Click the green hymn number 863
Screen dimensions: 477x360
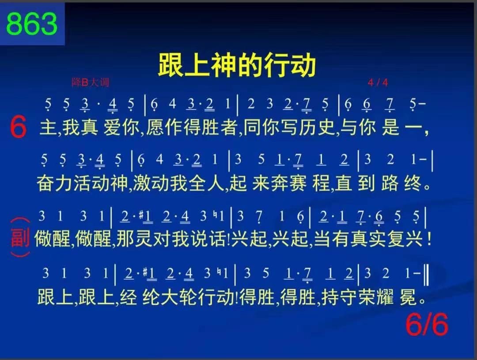tap(32, 24)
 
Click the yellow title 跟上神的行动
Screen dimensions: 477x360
tap(237, 65)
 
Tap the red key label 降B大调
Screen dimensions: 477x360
tap(91, 82)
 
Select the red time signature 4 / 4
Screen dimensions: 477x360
tap(378, 83)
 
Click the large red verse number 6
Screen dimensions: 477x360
tap(18, 128)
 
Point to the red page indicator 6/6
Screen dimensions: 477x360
tap(427, 324)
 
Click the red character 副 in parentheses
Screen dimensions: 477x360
tap(20, 237)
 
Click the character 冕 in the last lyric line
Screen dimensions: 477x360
tap(408, 297)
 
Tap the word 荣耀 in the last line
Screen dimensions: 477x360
tap(376, 297)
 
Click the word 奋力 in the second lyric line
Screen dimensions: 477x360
tap(54, 183)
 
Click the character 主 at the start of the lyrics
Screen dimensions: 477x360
tap(48, 127)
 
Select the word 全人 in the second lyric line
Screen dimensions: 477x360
tap(206, 183)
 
